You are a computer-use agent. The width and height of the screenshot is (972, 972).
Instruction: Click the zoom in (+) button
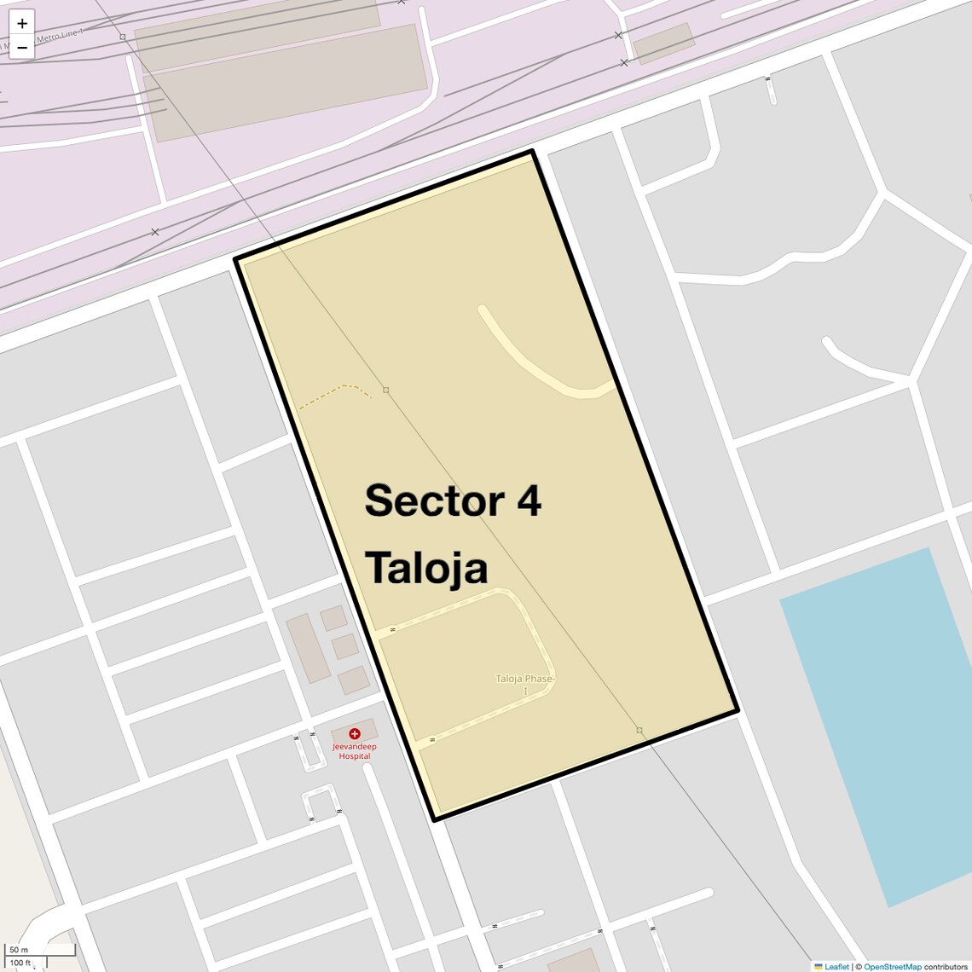click(x=22, y=23)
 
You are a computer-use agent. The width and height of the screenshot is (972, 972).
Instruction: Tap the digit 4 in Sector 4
click(x=529, y=500)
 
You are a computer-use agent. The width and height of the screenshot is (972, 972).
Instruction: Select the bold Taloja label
click(x=426, y=568)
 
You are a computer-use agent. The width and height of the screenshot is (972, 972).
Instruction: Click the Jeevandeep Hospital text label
click(x=355, y=751)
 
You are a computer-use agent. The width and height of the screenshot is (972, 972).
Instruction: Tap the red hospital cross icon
click(x=355, y=733)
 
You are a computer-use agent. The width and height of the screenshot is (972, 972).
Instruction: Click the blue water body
click(x=878, y=725)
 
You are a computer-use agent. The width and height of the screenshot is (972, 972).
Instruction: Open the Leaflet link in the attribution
click(x=836, y=967)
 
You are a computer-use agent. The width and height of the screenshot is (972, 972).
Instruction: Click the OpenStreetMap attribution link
click(x=892, y=967)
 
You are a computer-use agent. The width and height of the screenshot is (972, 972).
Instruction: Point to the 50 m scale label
click(x=19, y=950)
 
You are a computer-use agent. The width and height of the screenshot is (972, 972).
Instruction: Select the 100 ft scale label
click(x=20, y=963)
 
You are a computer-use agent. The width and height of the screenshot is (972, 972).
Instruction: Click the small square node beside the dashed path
click(x=385, y=390)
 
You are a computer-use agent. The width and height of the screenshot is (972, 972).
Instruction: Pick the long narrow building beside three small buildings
click(x=308, y=648)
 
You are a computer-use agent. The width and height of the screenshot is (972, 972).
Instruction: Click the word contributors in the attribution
click(x=946, y=967)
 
